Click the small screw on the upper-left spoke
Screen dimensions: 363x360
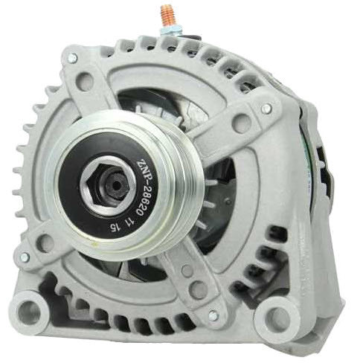(72, 57)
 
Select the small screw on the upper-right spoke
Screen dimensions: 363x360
(266, 109)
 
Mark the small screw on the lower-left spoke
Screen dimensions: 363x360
(25, 257)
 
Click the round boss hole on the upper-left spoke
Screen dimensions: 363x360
(87, 80)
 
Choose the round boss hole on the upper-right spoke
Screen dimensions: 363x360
(242, 123)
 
